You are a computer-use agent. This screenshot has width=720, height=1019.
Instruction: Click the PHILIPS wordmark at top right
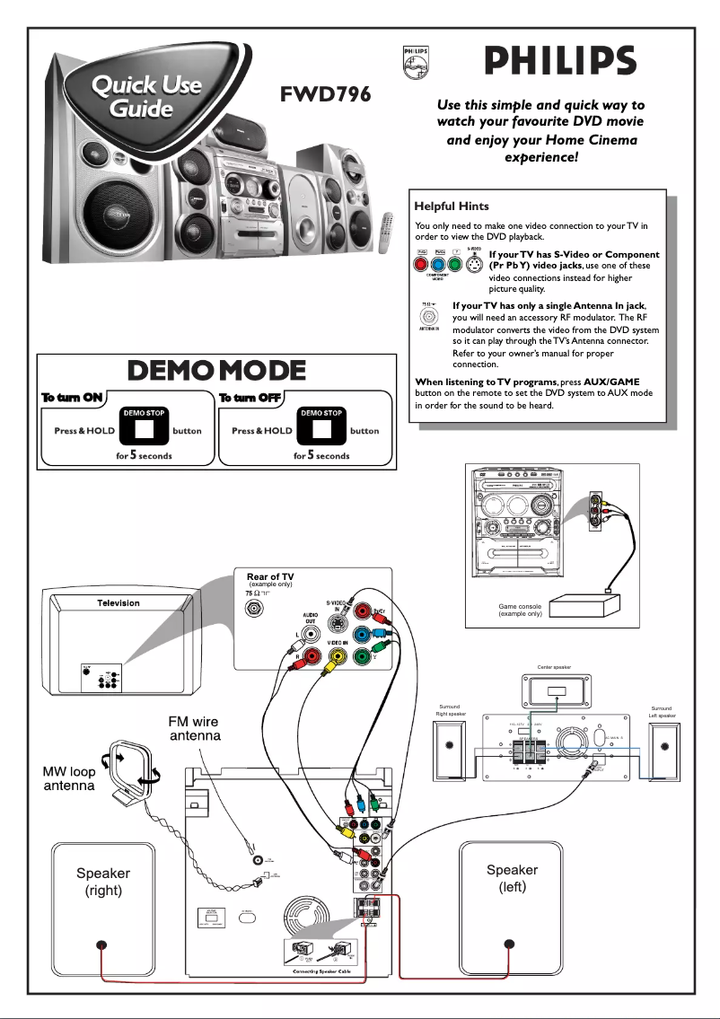pos(560,63)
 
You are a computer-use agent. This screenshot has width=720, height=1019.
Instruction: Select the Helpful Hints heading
pos(452,206)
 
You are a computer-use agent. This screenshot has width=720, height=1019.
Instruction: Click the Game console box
pos(583,608)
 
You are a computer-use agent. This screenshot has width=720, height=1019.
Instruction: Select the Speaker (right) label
pos(102,881)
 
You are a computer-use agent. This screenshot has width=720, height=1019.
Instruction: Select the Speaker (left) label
pos(512,878)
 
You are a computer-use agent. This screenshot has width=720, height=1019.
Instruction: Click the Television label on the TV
pos(119,602)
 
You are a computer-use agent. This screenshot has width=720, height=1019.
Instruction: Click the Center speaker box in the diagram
pos(558,692)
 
